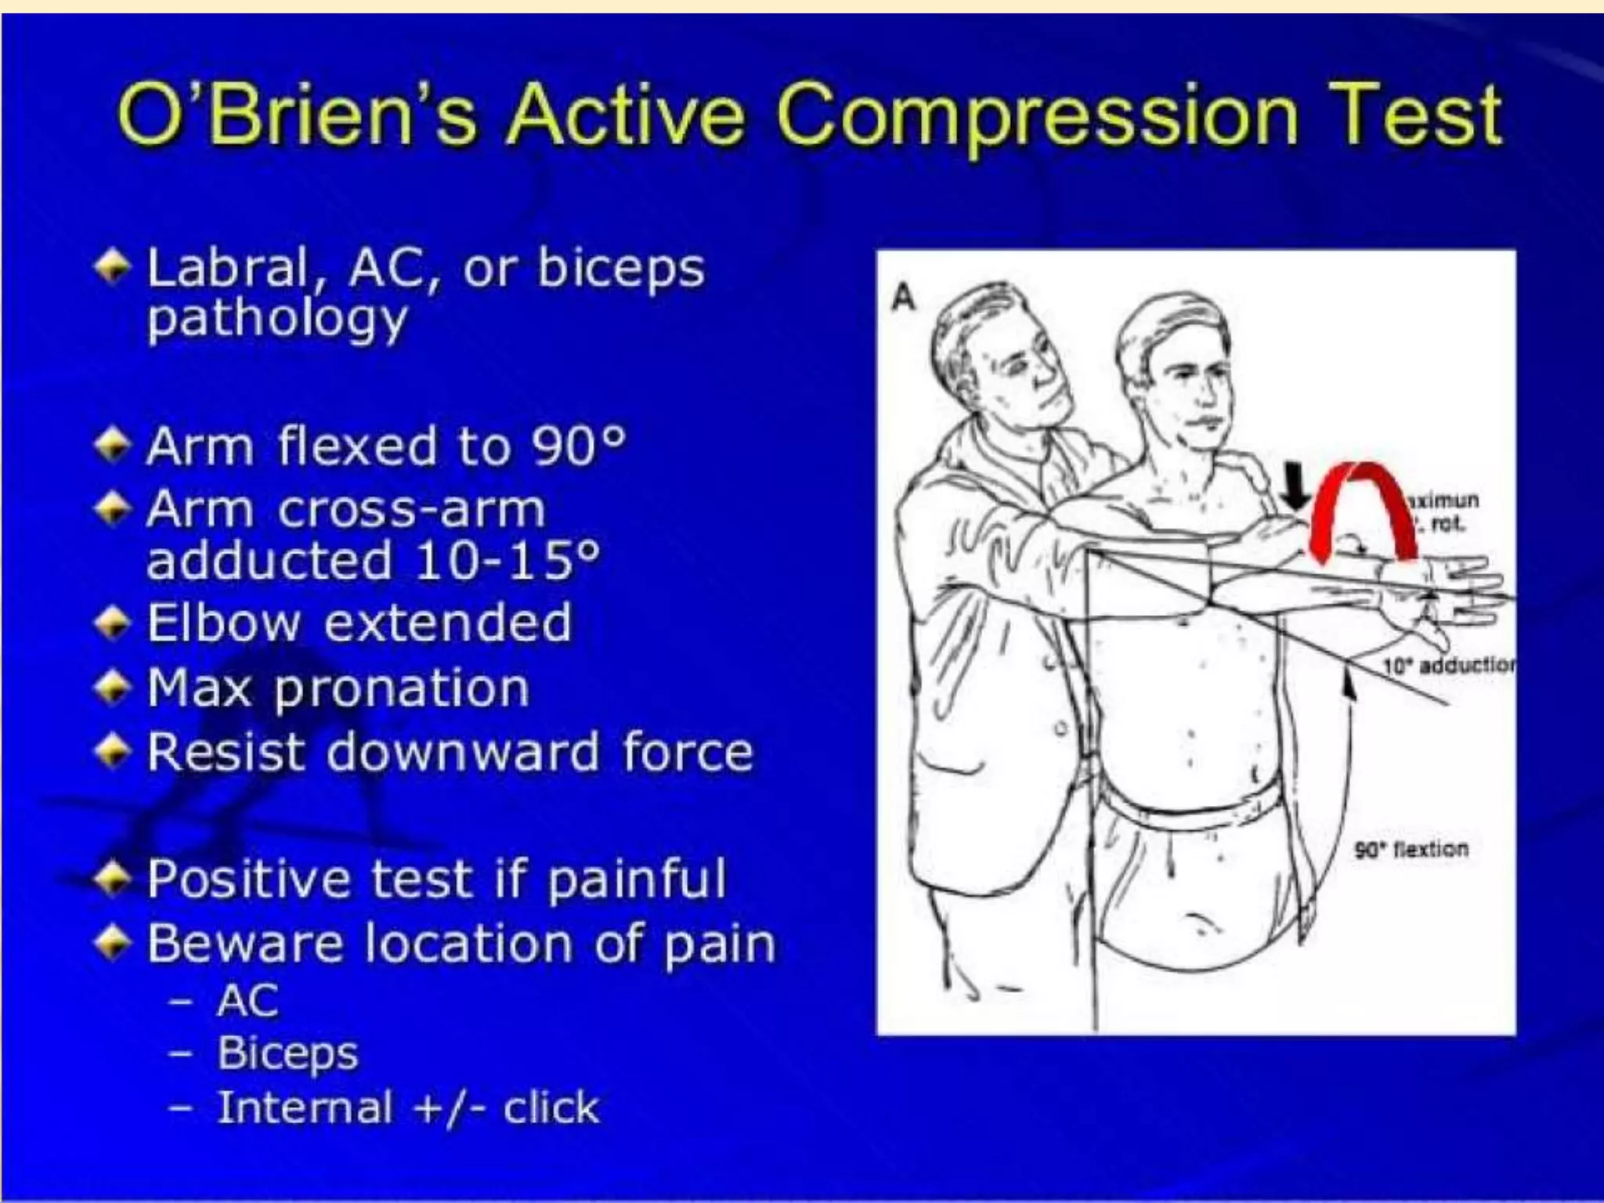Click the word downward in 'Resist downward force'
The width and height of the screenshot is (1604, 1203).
tap(462, 752)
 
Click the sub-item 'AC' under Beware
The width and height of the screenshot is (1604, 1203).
tap(247, 1001)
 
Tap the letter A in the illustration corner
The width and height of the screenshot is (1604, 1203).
tap(904, 298)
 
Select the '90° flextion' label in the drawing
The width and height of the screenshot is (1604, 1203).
tap(1411, 849)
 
